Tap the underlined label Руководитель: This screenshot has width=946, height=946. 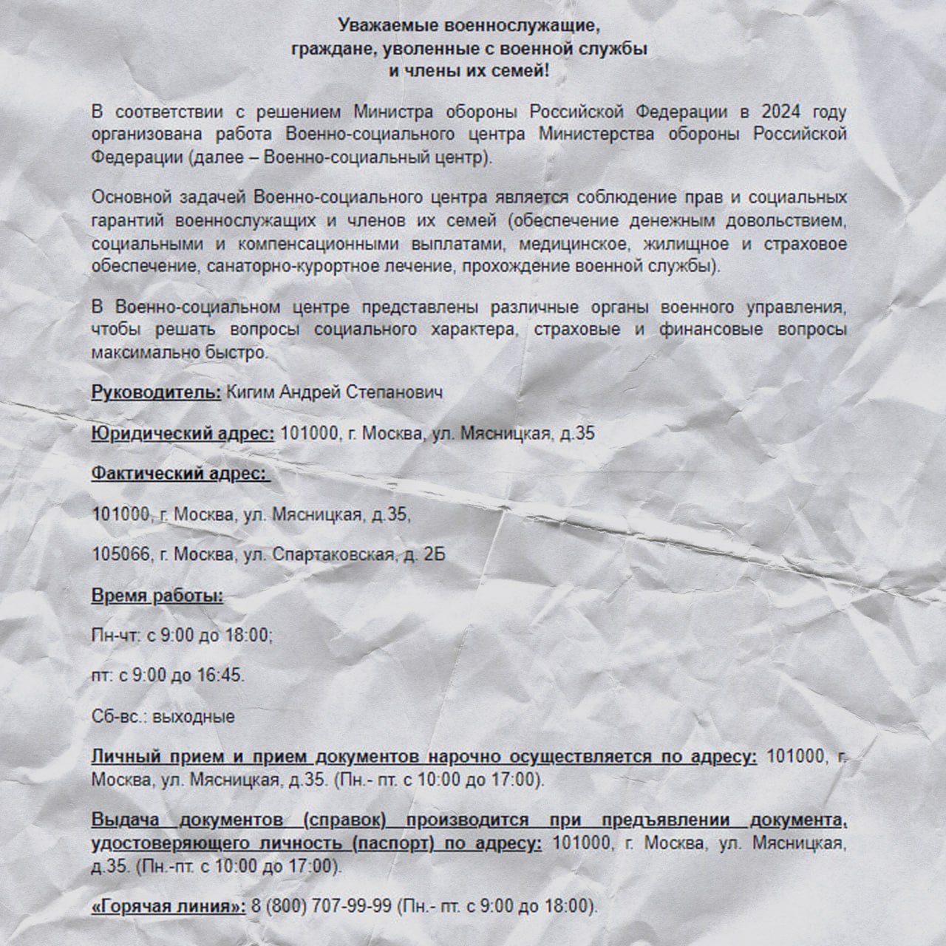[x=156, y=392]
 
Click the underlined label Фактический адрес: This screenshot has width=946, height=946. [x=179, y=473]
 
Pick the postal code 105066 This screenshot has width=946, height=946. [x=120, y=554]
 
